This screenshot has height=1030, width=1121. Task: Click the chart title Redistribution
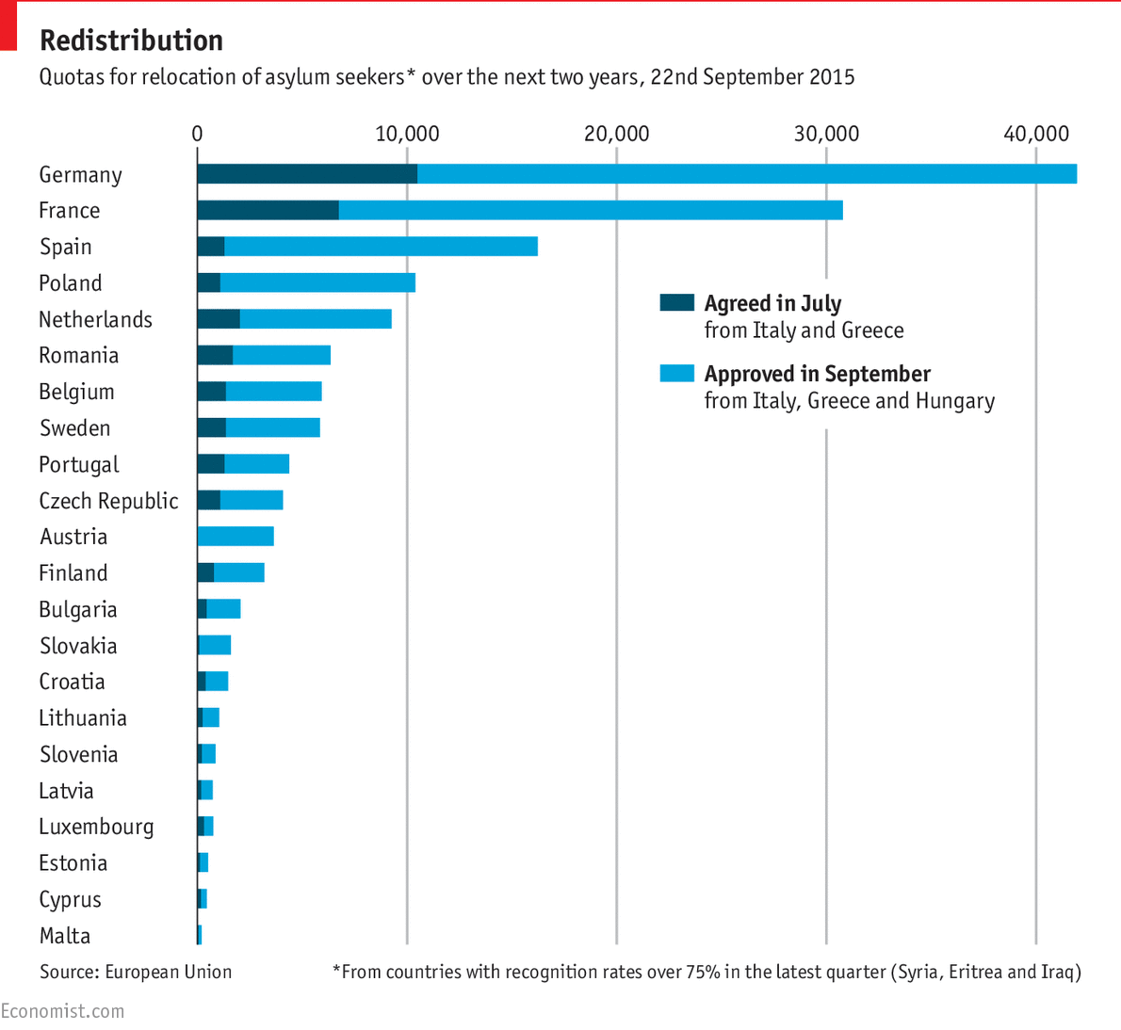131,40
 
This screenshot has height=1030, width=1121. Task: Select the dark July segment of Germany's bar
306,174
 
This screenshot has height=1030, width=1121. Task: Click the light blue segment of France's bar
590,210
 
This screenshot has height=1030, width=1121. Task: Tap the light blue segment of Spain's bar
381,247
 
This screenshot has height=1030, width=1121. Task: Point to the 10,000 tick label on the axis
407,134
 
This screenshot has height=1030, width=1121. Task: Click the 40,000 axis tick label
1035,134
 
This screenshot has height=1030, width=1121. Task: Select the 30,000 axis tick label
826,134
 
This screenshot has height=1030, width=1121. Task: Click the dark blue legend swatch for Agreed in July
676,303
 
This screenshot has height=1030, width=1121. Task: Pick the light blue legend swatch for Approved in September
676,374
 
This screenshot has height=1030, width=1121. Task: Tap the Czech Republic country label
108,501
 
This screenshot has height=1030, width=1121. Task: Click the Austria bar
236,537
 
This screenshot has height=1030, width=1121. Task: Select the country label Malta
65,936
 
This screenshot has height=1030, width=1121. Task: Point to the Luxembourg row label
95,827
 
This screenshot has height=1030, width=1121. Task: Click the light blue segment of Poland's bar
317,282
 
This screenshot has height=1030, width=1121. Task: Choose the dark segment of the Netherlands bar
218,319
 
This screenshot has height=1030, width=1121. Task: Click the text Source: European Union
135,972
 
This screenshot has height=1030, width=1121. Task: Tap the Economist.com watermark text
62,1011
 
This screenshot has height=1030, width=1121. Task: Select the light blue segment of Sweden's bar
272,428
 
